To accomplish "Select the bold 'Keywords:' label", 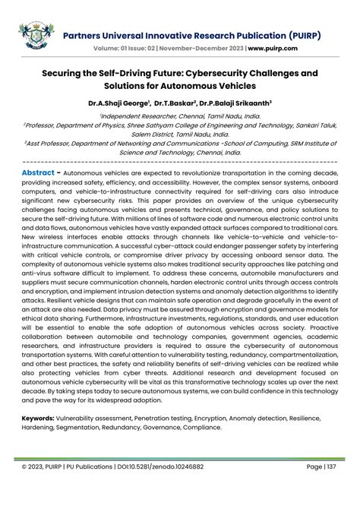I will click(42, 418).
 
